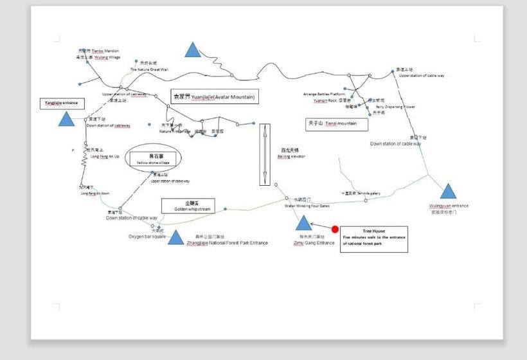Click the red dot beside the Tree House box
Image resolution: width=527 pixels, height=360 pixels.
(x=335, y=230)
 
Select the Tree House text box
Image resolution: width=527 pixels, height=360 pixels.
(x=373, y=239)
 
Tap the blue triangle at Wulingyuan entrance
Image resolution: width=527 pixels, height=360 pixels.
(x=448, y=191)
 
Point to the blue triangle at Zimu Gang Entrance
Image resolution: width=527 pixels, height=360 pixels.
(x=303, y=224)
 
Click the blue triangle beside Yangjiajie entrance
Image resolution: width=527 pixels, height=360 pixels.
(x=66, y=119)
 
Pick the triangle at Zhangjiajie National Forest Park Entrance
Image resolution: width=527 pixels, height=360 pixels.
(x=175, y=239)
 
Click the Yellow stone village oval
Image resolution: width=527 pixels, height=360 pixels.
(x=154, y=158)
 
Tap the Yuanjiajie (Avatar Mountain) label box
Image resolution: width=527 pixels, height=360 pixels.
(x=214, y=97)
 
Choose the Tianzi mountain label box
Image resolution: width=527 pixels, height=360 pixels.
(x=337, y=123)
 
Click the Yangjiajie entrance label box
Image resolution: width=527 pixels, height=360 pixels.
(x=62, y=103)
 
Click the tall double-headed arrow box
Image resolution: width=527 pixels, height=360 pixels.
(x=265, y=155)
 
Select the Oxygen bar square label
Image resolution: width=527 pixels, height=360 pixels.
(x=147, y=237)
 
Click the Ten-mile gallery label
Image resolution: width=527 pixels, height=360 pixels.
(x=366, y=193)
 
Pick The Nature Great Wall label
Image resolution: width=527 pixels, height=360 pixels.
(x=149, y=69)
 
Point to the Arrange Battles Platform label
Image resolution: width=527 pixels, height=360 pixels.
(x=328, y=94)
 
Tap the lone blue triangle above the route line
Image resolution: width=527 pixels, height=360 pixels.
(x=192, y=50)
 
